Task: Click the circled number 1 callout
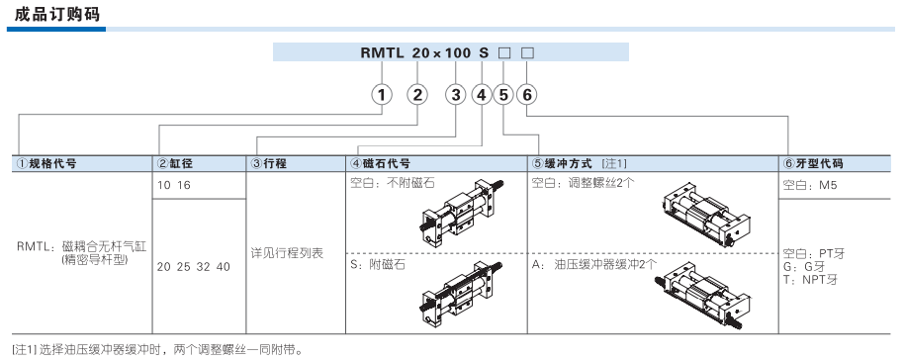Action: click(x=381, y=95)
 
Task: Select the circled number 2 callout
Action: click(x=417, y=95)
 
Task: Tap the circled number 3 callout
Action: click(x=455, y=95)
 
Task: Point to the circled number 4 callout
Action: click(x=482, y=95)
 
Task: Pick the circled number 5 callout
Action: click(x=504, y=95)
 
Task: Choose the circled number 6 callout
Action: click(x=527, y=95)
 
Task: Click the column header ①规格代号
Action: click(x=49, y=163)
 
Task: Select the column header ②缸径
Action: click(x=177, y=163)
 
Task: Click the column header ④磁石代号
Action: click(x=380, y=163)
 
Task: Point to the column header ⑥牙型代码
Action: click(x=813, y=163)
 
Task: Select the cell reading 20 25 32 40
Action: click(x=194, y=267)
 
